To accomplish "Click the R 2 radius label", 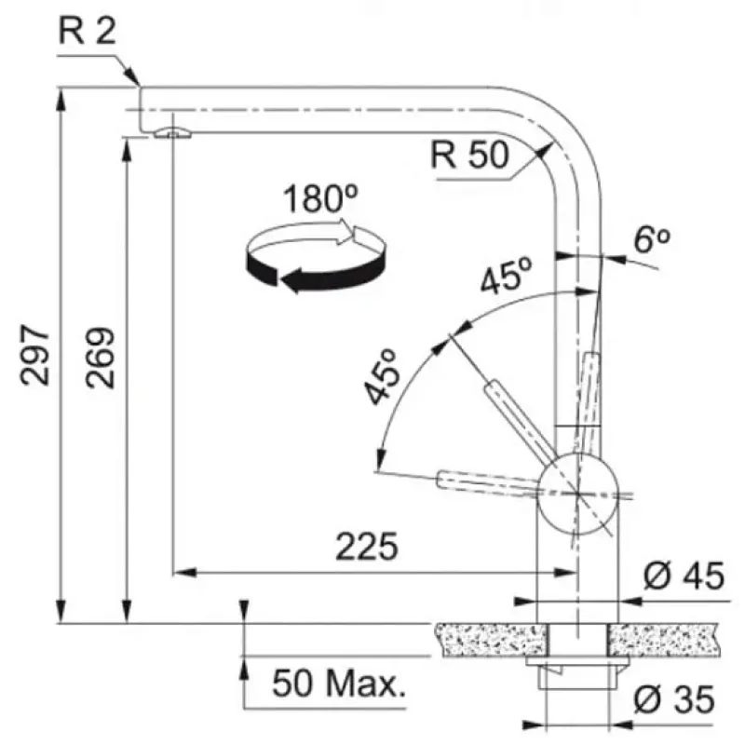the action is (x=87, y=31).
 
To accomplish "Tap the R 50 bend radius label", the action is (x=470, y=155).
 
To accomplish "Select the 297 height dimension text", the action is (x=34, y=355).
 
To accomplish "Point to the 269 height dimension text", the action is (x=101, y=358).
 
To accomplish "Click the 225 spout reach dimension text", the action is (x=367, y=547).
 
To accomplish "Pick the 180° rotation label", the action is (x=320, y=197).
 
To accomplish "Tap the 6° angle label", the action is (x=652, y=239).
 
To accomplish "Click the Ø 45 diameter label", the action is (x=684, y=576).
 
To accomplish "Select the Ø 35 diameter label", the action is (x=674, y=699).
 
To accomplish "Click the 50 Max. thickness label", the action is (x=339, y=683).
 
